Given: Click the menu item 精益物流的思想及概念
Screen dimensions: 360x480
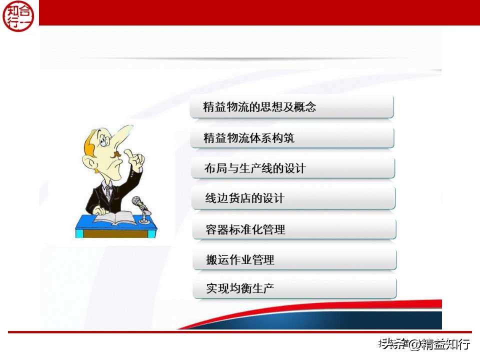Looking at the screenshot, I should pos(292,107).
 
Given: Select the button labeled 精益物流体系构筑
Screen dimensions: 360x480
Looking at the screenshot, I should pos(292,138).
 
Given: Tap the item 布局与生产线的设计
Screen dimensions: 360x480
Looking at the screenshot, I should pos(292,168).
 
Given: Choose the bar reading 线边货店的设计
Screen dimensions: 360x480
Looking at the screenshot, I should pos(293,198).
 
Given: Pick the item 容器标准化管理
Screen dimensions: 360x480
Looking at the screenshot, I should pos(294,229).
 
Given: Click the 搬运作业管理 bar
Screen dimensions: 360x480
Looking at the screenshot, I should pos(294,260).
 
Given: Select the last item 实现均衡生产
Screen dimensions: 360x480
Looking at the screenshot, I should pos(294,288).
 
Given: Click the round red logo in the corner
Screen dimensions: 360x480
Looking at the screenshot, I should pos(19,15).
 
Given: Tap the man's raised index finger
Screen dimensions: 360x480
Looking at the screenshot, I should pos(129,153).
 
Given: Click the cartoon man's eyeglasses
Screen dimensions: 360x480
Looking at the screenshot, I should pos(105,140).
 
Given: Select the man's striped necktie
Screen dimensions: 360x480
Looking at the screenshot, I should pos(108,193).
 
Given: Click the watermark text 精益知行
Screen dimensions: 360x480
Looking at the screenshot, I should pos(445,344).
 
